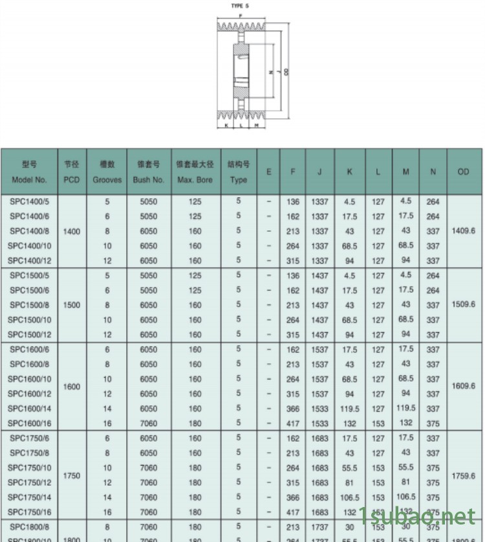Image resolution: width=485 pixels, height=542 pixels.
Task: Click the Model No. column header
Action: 29,172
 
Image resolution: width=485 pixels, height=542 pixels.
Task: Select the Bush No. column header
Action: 149,172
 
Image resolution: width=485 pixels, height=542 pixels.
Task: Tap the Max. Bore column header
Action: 195,172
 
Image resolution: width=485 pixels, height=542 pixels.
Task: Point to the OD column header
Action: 464,172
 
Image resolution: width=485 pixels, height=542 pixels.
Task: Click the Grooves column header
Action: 107,172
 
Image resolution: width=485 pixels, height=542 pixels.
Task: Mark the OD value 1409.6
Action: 464,231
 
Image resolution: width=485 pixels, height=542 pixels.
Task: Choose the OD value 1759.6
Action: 464,476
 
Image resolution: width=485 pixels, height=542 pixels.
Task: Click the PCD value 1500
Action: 72,304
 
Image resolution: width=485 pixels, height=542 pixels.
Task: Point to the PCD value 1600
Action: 72,387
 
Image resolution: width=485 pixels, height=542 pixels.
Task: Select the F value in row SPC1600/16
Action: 293,423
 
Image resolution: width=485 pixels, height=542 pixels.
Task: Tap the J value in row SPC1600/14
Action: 319,409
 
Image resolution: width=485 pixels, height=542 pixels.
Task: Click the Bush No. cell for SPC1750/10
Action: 149,468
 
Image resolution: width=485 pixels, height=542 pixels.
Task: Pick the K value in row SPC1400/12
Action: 350,261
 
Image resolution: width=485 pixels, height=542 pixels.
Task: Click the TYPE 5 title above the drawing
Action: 240,6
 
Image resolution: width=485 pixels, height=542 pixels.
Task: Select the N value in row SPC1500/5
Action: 433,276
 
